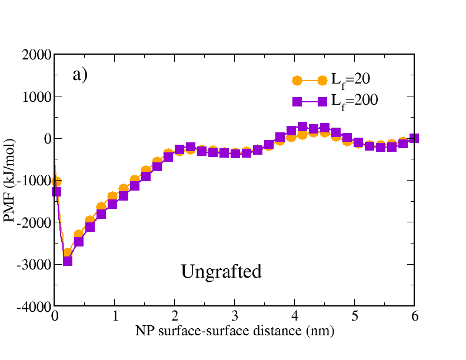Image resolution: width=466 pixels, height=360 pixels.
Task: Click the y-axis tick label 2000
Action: click(36, 55)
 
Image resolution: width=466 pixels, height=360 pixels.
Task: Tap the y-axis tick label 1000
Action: click(36, 96)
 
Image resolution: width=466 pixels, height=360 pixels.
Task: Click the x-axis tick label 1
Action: click(115, 318)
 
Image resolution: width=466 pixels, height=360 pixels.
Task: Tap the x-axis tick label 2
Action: click(175, 318)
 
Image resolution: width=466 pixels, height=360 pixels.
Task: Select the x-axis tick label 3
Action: click(235, 318)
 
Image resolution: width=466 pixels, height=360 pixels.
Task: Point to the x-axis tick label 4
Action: click(295, 318)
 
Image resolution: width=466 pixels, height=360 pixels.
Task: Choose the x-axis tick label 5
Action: click(355, 318)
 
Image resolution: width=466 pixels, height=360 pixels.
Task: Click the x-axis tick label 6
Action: click(415, 318)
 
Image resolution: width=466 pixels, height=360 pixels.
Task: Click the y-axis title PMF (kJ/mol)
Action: click(10, 181)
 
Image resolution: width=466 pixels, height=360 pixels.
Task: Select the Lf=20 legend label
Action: click(351, 81)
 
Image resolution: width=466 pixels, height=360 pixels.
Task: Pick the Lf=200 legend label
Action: click(354, 101)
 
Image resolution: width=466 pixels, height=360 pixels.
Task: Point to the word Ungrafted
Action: click(221, 272)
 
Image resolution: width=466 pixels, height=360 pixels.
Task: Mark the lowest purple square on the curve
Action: click(67, 261)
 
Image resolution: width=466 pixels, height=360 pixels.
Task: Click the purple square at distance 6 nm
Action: click(414, 138)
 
